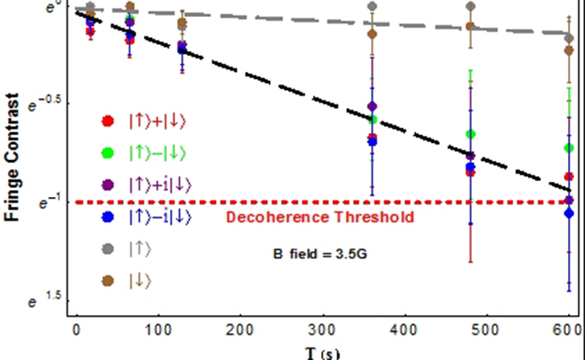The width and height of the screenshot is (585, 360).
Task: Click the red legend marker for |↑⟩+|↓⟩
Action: (x=108, y=121)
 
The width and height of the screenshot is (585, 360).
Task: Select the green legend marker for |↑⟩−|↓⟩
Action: (x=108, y=152)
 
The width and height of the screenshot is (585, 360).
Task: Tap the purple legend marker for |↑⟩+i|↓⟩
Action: (x=108, y=184)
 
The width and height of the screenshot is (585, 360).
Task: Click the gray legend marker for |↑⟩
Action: (x=108, y=247)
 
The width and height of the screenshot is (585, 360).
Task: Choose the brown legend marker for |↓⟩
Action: (x=108, y=279)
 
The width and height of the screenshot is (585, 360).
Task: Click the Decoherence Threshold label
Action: (x=319, y=217)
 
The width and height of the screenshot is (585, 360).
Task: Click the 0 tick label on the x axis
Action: (x=76, y=331)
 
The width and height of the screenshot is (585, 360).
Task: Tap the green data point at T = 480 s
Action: (x=470, y=134)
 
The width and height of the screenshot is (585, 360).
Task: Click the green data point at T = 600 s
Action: (x=568, y=148)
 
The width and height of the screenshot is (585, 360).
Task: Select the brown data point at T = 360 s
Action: (x=372, y=34)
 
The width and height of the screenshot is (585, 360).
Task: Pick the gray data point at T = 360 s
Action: (x=372, y=6)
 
